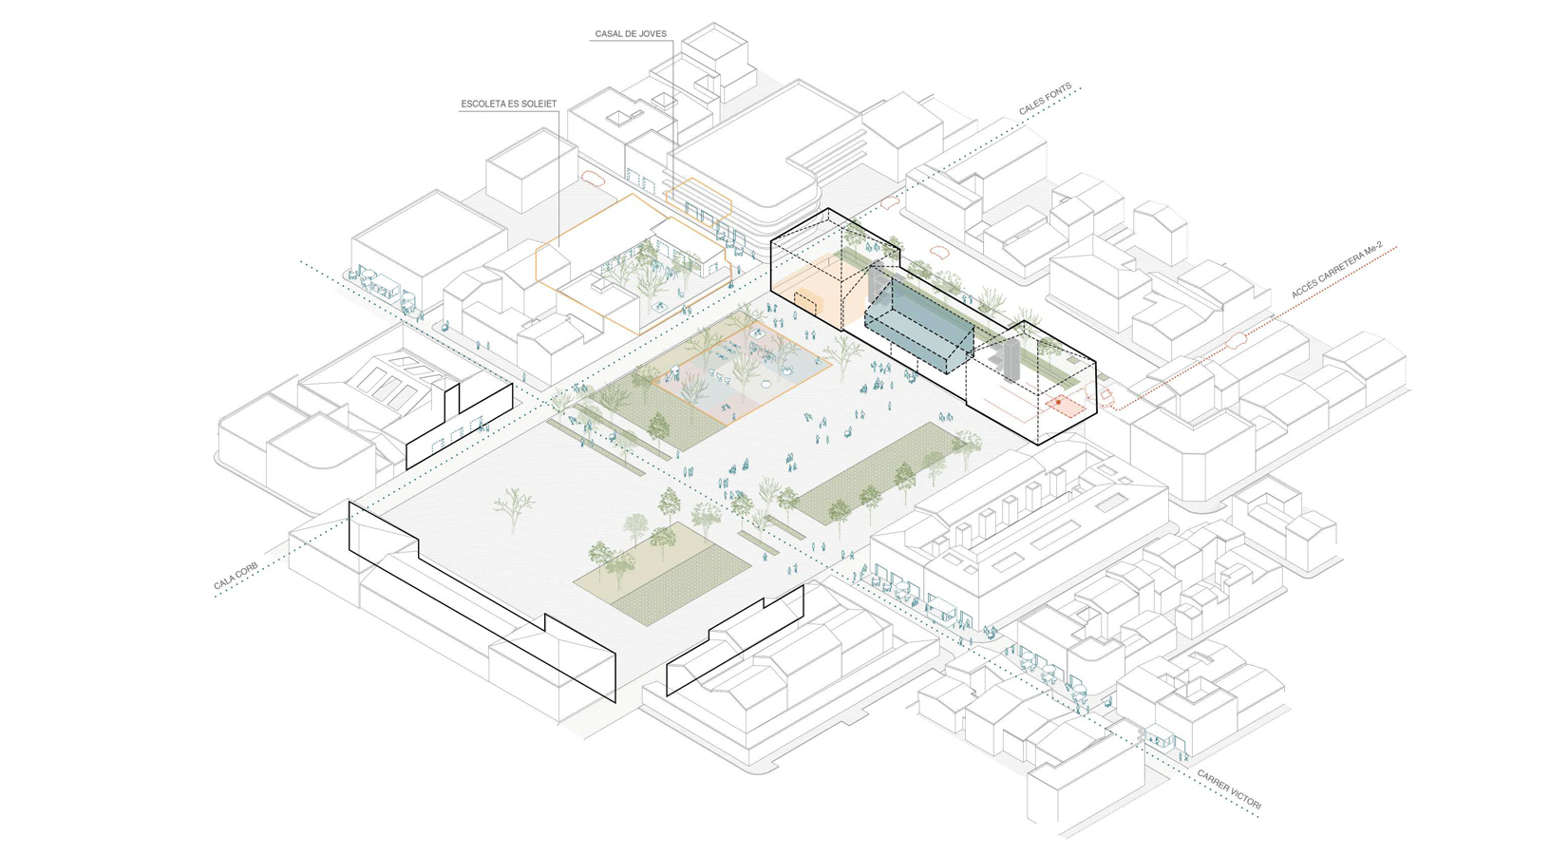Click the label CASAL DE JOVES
(631, 34)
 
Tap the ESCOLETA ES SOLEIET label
(509, 104)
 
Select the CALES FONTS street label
(1045, 100)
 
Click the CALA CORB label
(236, 576)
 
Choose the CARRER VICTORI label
(1229, 790)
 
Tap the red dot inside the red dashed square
(1058, 403)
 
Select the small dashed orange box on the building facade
(805, 303)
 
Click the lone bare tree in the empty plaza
(513, 505)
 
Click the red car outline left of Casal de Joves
(592, 178)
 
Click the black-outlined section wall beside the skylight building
(461, 424)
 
